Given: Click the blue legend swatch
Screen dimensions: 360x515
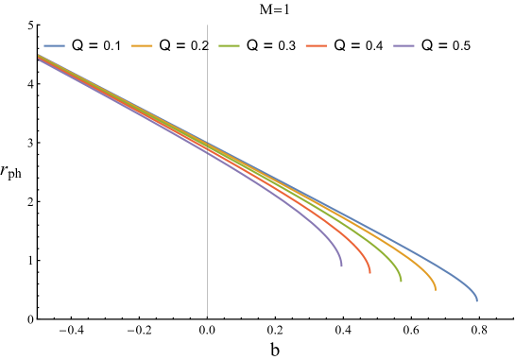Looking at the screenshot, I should click(54, 45).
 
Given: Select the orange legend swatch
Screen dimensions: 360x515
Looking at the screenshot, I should click(142, 45).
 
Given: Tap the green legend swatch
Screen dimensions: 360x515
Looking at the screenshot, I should click(229, 45).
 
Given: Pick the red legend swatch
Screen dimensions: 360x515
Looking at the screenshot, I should click(317, 45).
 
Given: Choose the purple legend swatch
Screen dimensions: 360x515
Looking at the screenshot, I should click(404, 45).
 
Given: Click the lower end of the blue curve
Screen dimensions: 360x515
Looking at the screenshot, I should click(477, 300).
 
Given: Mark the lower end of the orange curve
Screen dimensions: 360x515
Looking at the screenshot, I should click(436, 289).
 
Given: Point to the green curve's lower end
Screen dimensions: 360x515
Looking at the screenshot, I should click(401, 282).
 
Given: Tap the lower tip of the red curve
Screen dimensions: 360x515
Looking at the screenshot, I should click(369, 273).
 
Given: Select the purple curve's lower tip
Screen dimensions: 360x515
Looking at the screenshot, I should click(341, 266).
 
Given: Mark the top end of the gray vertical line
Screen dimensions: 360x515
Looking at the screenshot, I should click(207, 25).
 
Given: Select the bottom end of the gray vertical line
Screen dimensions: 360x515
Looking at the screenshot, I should click(207, 317).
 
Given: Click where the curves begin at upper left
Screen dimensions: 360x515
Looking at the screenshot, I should click(39, 59).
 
